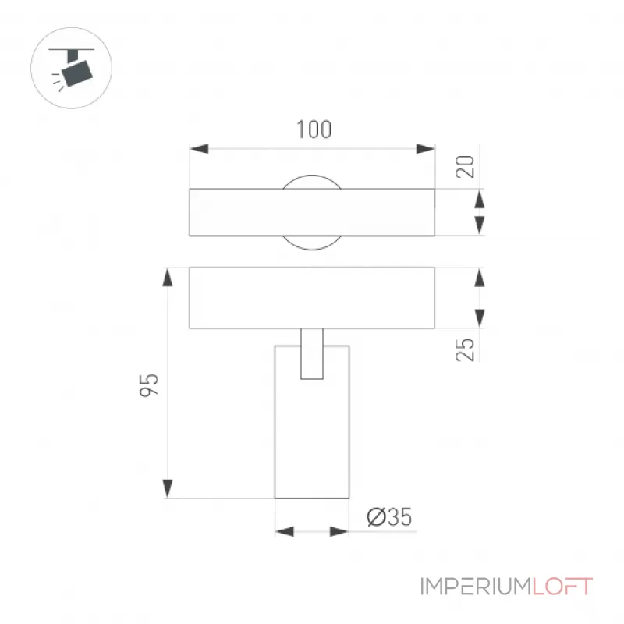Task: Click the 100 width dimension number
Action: (314, 129)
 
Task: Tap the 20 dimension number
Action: (465, 166)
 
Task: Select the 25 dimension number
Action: (465, 349)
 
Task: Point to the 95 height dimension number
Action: (149, 385)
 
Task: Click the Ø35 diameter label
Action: (389, 517)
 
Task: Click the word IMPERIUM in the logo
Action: (476, 587)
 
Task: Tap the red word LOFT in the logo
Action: (562, 587)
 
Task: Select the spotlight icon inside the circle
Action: (72, 69)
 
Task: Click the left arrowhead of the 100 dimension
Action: (199, 149)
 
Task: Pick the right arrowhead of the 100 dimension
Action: (425, 149)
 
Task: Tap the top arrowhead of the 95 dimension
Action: (168, 277)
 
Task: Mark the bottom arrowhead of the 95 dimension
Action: (168, 489)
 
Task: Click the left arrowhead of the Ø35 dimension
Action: (285, 531)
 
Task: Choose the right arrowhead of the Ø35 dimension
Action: (339, 531)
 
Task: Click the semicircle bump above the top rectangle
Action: (312, 175)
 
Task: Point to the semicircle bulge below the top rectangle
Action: (312, 249)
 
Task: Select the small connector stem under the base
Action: (312, 353)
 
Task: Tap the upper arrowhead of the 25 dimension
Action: (480, 278)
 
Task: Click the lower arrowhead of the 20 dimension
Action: (480, 226)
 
